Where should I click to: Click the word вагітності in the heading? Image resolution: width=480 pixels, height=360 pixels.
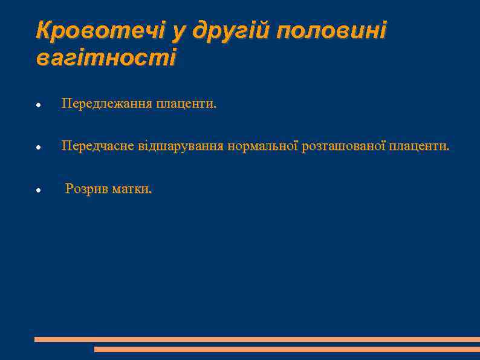point(106,59)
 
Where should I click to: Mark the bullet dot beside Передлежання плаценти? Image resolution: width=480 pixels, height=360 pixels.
point(38,105)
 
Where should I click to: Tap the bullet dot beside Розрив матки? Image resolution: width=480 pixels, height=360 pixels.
point(38,190)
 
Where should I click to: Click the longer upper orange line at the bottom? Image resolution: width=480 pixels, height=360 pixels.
point(257,339)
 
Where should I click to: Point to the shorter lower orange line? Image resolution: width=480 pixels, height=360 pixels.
point(287,349)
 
